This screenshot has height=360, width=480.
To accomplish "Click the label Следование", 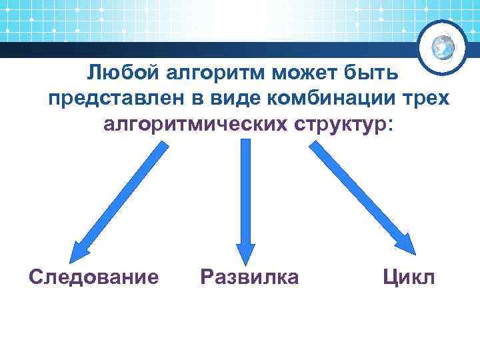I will pos(94,275).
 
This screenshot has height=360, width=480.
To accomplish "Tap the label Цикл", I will pos(409,275).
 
